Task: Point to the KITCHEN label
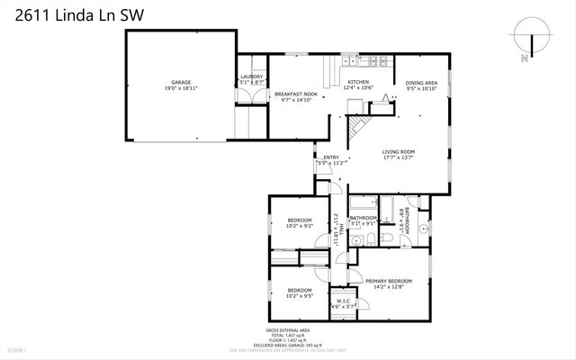[359, 82]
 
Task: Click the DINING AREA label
[421, 83]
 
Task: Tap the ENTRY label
[331, 158]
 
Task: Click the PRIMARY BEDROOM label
[389, 281]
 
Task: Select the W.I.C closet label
[343, 301]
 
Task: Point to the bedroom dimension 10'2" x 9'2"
[300, 227]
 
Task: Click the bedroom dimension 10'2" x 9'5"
[300, 295]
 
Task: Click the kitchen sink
[347, 62]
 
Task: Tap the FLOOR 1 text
[18, 349]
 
